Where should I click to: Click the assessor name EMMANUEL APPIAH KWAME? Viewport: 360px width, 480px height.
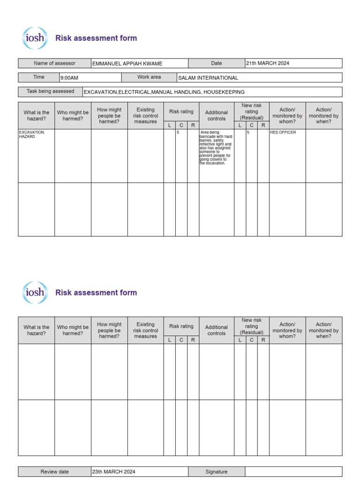point(127,63)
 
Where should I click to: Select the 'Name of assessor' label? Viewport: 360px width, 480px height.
point(54,63)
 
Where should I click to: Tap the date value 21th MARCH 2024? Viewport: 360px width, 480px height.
point(268,63)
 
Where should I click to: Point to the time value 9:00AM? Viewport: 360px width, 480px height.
point(69,78)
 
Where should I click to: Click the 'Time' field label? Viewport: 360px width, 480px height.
point(39,77)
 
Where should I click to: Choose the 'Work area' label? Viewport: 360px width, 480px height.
point(149,77)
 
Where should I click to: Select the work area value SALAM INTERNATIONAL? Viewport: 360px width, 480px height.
point(208,78)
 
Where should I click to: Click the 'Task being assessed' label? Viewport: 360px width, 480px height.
point(50,91)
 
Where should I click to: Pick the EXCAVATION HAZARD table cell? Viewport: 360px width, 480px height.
point(31,135)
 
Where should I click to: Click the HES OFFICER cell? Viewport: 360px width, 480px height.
point(283,132)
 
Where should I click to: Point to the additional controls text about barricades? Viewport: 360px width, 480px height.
point(216,148)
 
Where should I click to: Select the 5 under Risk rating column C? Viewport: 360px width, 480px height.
point(178,132)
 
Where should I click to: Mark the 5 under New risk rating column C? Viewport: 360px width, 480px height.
point(248,132)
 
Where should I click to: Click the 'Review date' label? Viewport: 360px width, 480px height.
point(54,472)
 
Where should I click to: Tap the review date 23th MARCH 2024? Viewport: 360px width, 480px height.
point(114,472)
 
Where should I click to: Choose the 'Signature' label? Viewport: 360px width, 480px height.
point(216,472)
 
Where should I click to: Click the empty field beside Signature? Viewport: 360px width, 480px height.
point(293,472)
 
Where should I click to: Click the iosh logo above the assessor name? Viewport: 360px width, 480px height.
point(35,38)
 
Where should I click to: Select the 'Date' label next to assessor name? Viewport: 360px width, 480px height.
point(216,63)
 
